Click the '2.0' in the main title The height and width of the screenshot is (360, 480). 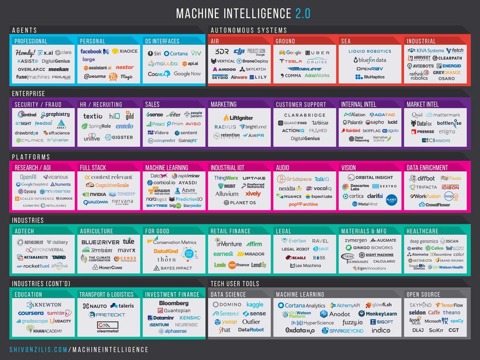click(x=303, y=13)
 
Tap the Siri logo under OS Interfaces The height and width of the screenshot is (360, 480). click(x=155, y=53)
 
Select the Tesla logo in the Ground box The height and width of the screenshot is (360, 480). click(x=291, y=61)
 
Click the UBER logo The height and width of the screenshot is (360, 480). click(x=318, y=53)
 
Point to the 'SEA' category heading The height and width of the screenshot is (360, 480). click(x=346, y=41)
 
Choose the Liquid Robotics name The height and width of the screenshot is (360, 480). click(x=370, y=51)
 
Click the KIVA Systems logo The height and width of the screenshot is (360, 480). click(x=426, y=51)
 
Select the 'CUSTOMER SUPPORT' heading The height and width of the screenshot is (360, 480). click(x=301, y=104)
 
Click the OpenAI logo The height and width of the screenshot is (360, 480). click(x=28, y=177)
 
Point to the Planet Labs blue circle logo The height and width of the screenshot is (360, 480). click(x=391, y=199)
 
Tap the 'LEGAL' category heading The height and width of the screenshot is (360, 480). click(x=284, y=231)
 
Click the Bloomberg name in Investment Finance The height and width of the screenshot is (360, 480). click(x=174, y=303)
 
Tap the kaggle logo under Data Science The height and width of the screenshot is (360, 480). click(x=255, y=305)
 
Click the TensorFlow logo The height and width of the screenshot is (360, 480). click(x=449, y=305)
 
